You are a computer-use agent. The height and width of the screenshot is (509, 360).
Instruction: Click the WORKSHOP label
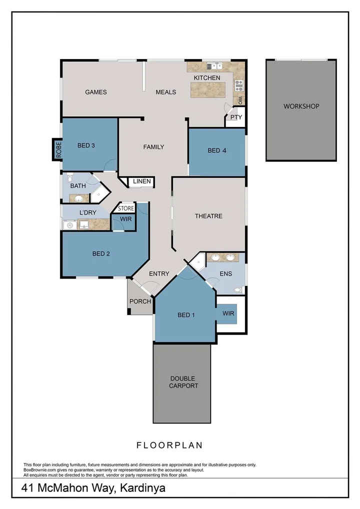click(301, 106)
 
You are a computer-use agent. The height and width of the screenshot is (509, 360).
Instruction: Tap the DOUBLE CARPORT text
click(183, 382)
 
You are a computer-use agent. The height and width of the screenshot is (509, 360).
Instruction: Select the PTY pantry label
click(236, 118)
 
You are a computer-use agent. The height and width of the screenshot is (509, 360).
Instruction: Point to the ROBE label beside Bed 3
click(58, 150)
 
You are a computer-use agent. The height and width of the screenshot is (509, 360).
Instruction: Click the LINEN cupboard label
click(142, 181)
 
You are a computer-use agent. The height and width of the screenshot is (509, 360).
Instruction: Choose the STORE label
click(126, 208)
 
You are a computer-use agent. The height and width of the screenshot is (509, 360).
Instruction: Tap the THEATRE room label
click(208, 216)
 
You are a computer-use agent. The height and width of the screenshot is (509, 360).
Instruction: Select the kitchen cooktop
click(239, 84)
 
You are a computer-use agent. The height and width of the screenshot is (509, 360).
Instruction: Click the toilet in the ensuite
click(238, 289)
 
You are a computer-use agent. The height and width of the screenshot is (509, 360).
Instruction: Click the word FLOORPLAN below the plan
click(169, 444)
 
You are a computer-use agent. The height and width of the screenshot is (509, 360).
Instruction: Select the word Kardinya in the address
click(141, 487)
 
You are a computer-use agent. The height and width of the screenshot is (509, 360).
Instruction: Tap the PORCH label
click(140, 301)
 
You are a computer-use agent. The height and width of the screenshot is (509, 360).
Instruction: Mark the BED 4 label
click(216, 150)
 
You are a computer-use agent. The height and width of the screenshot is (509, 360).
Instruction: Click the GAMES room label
click(95, 92)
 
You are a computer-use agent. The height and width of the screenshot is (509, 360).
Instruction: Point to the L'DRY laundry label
click(88, 212)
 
